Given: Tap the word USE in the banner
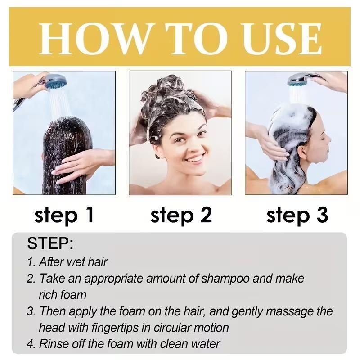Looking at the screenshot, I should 275,38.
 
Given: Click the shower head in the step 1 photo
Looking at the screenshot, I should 54,82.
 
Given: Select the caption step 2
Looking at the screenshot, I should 181,215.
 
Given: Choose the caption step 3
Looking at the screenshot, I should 297,215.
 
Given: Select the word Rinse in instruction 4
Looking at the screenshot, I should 52,344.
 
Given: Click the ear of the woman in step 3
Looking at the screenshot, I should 302,148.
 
